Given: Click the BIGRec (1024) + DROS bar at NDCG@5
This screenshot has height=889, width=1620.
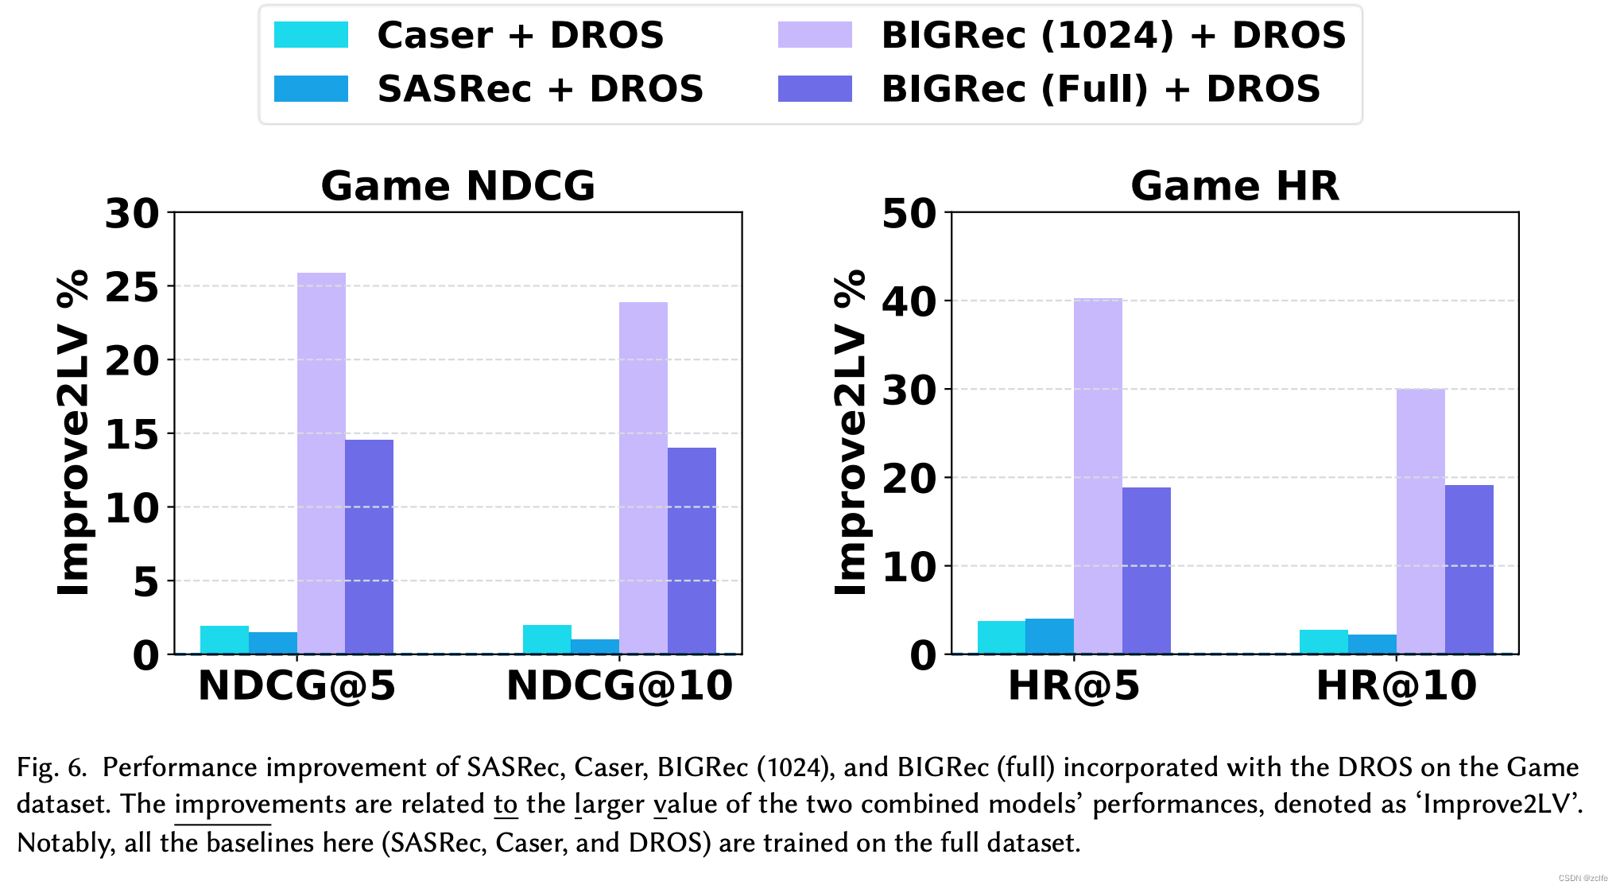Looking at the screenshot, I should [321, 463].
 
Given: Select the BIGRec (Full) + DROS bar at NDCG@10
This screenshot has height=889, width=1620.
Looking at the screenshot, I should [692, 550].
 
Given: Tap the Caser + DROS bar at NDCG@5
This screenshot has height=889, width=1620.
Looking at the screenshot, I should [224, 640].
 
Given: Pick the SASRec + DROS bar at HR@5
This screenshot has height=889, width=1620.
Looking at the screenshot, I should [1049, 636].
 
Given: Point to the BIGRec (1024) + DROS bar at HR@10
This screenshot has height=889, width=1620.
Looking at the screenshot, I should [1420, 521].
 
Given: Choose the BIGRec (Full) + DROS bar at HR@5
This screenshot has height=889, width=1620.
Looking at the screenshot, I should [1146, 570].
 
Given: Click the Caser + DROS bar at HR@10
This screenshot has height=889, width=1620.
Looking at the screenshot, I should [1324, 642].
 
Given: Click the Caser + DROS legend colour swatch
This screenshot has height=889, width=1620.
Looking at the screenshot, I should [311, 35].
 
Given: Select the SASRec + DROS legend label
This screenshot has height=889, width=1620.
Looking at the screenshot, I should [540, 88].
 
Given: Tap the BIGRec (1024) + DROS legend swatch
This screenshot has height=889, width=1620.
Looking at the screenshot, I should [815, 35].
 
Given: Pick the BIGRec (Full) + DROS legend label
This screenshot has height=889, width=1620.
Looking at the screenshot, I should [1101, 88].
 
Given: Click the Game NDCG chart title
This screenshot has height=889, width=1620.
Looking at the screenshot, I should [458, 185].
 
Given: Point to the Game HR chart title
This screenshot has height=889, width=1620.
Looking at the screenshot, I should [1234, 185].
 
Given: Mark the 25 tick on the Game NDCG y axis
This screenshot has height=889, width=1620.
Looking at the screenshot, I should [132, 287].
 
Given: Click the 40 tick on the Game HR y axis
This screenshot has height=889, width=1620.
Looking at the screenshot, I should [909, 301].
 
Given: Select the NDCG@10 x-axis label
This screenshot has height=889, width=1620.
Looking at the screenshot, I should [619, 685].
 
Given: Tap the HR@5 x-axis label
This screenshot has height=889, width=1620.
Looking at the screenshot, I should [1073, 685].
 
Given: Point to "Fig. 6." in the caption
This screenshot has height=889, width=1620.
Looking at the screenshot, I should [52, 767].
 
